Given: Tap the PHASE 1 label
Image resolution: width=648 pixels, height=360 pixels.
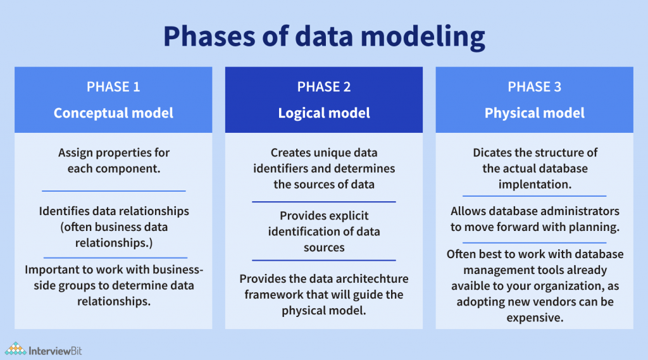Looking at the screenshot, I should pyautogui.click(x=113, y=87).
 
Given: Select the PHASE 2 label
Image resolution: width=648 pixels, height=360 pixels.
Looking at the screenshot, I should pyautogui.click(x=324, y=87).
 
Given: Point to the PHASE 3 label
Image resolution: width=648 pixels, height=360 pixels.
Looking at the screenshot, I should pyautogui.click(x=534, y=87).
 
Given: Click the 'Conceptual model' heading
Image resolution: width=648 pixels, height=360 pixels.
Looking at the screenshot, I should pyautogui.click(x=113, y=113).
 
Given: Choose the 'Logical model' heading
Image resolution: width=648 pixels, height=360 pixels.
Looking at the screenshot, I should pyautogui.click(x=324, y=113).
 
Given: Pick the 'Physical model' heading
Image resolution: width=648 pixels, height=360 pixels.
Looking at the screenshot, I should pyautogui.click(x=534, y=113).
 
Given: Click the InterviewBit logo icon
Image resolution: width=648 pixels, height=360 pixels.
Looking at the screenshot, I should pyautogui.click(x=15, y=349).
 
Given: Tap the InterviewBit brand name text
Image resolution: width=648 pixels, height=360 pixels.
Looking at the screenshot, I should pyautogui.click(x=56, y=349).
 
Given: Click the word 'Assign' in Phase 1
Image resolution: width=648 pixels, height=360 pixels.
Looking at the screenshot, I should pyautogui.click(x=76, y=152).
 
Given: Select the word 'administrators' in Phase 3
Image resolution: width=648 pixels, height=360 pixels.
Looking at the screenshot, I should pyautogui.click(x=582, y=211).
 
